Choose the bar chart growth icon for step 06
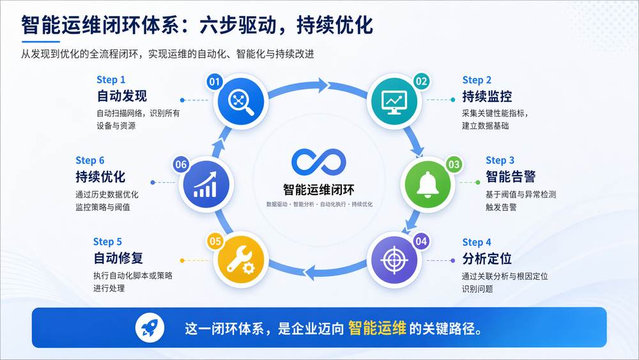click(x=205, y=184)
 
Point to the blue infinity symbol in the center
click(x=319, y=164)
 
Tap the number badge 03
click(x=454, y=164)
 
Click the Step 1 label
click(x=111, y=79)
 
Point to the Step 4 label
click(x=477, y=242)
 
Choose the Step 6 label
click(x=89, y=160)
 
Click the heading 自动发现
click(x=121, y=97)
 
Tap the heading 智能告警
click(x=511, y=176)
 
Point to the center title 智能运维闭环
click(x=319, y=190)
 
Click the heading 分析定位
click(x=487, y=258)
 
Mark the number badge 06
click(x=181, y=164)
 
